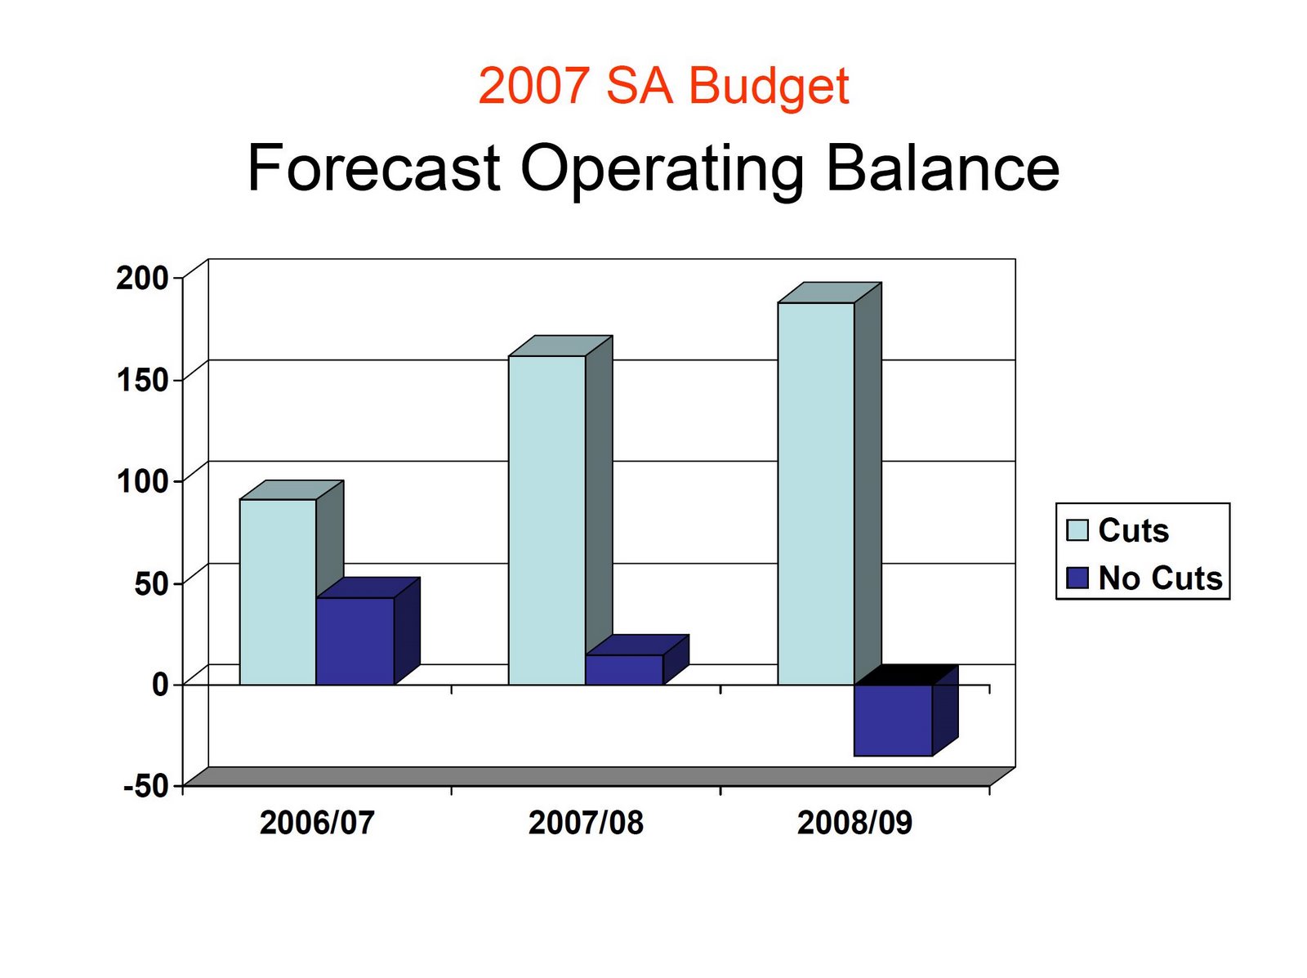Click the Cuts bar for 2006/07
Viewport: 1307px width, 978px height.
[x=278, y=592]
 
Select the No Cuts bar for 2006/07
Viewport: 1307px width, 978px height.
[x=355, y=641]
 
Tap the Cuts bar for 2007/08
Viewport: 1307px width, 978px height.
[x=546, y=520]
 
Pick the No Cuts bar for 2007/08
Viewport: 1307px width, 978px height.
[x=624, y=669]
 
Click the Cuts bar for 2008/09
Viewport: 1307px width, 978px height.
[x=816, y=493]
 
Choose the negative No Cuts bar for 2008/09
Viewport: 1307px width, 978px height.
[x=893, y=720]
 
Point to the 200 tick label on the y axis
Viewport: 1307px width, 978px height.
[x=141, y=278]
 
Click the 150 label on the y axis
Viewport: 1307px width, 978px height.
[x=141, y=379]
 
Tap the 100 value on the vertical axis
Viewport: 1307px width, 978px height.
[x=141, y=480]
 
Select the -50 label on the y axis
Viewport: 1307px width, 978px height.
[x=146, y=786]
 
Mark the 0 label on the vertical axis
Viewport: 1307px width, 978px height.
[x=160, y=685]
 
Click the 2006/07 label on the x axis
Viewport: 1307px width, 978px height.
[x=317, y=823]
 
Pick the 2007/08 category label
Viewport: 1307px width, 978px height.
[x=586, y=823]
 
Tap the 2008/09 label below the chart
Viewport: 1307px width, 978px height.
[x=854, y=823]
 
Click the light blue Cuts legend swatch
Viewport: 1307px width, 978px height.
[x=1077, y=530]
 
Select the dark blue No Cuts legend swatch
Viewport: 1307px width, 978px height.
[x=1077, y=578]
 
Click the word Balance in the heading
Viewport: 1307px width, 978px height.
[x=943, y=167]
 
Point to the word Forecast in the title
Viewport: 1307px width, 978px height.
[x=373, y=167]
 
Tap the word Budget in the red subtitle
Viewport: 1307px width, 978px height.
[x=769, y=87]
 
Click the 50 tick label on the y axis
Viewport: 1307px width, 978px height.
[x=151, y=583]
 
